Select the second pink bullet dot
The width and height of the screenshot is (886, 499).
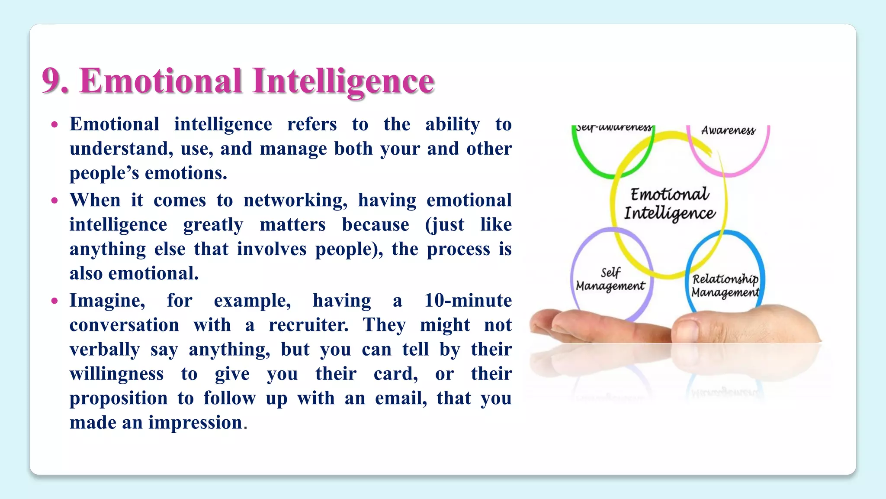(x=55, y=201)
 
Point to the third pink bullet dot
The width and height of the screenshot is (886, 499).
(x=55, y=301)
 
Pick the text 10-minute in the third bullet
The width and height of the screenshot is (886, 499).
(x=468, y=301)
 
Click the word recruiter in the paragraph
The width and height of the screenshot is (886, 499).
(x=308, y=325)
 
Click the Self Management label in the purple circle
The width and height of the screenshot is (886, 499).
(x=610, y=279)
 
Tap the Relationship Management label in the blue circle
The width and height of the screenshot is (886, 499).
(x=725, y=285)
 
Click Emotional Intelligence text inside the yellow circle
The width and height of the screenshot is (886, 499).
(x=669, y=204)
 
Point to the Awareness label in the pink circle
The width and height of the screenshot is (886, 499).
(x=728, y=130)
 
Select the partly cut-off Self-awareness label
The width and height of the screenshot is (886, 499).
(x=613, y=128)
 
